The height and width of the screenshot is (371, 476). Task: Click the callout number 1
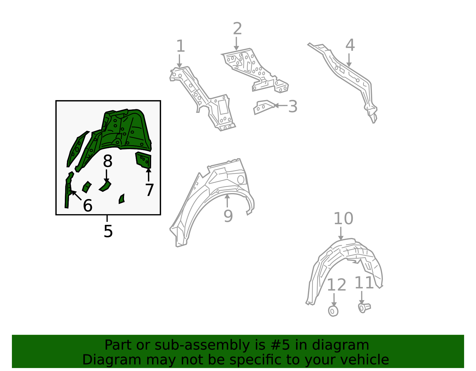(x=181, y=46)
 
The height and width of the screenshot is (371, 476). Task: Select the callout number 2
(x=237, y=29)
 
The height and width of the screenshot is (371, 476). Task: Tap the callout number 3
(x=293, y=106)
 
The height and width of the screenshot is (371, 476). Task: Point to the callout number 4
(x=350, y=45)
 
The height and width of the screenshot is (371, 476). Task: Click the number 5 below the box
(x=108, y=231)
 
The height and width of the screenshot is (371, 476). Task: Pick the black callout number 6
(x=88, y=206)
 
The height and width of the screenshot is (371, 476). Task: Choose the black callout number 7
(x=149, y=190)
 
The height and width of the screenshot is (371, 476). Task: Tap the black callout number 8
(x=108, y=161)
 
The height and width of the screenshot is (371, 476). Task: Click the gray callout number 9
(x=228, y=216)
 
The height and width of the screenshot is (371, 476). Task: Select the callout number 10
(x=343, y=218)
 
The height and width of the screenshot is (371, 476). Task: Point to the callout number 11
(x=364, y=283)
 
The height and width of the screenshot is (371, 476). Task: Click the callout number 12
(x=336, y=285)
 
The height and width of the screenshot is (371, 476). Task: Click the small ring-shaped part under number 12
(x=333, y=311)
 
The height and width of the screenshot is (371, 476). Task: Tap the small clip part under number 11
(x=364, y=308)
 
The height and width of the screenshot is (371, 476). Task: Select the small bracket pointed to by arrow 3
(x=264, y=107)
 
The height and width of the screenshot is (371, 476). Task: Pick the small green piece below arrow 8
(x=105, y=186)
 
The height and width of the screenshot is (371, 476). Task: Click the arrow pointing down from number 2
(x=236, y=43)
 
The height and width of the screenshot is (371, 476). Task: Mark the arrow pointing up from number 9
(x=227, y=201)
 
